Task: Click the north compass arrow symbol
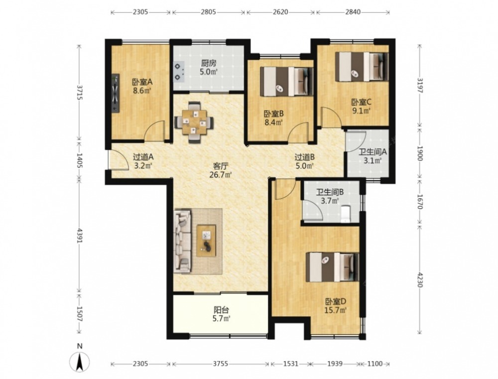pyautogui.click(x=80, y=361)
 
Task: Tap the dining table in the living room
pyautogui.click(x=194, y=123)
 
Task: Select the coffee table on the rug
pyautogui.click(x=206, y=240)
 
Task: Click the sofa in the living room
pyautogui.click(x=182, y=241)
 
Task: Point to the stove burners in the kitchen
pyautogui.click(x=178, y=71)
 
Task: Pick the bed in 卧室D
pyautogui.click(x=332, y=267)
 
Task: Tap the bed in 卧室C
pyautogui.click(x=362, y=67)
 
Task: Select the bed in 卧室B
pyautogui.click(x=287, y=81)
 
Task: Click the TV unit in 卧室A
pyautogui.click(x=116, y=93)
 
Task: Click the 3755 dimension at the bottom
pyautogui.click(x=221, y=364)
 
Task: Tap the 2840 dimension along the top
pyautogui.click(x=353, y=12)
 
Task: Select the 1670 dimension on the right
pyautogui.click(x=420, y=202)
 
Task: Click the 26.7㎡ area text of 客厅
pyautogui.click(x=221, y=174)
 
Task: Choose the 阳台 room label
pyautogui.click(x=221, y=310)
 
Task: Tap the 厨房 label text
pyautogui.click(x=208, y=64)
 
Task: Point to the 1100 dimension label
pyautogui.click(x=375, y=364)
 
